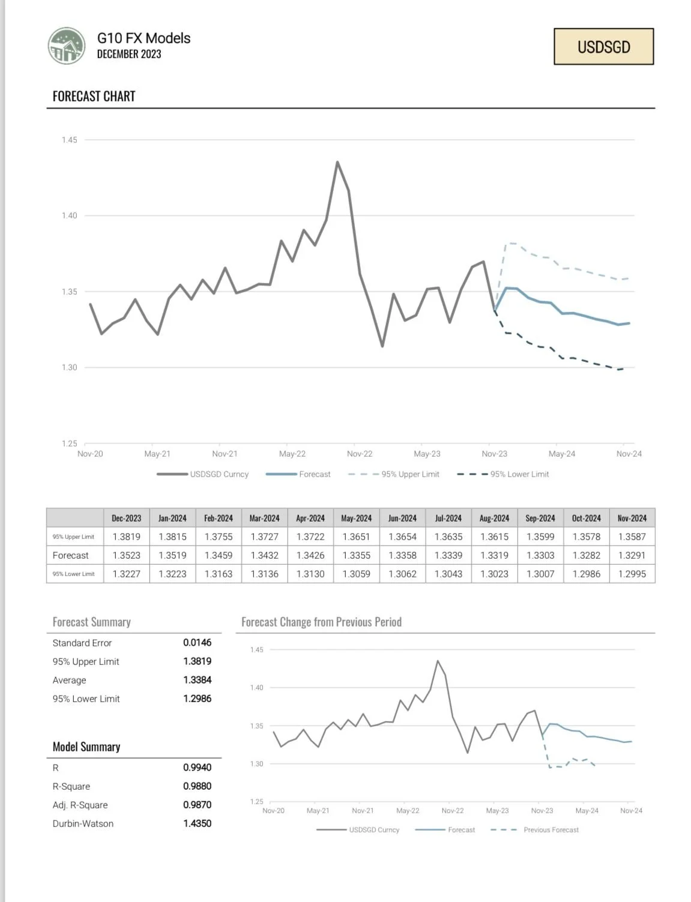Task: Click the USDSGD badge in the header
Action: click(603, 47)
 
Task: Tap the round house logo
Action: click(67, 46)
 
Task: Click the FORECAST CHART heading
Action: click(94, 97)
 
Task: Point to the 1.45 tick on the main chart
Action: click(70, 140)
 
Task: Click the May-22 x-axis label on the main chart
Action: click(292, 454)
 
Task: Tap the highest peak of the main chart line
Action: click(337, 162)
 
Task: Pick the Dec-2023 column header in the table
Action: click(126, 518)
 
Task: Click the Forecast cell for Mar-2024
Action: click(264, 555)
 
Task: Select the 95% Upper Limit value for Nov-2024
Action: click(632, 537)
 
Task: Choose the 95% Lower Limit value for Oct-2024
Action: click(586, 574)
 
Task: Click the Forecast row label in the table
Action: click(70, 555)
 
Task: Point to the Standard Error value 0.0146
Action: click(197, 642)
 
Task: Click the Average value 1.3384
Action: click(197, 679)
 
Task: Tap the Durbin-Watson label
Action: click(83, 823)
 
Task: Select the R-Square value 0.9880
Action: click(197, 786)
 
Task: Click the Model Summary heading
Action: click(86, 747)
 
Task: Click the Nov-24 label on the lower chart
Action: click(631, 810)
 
